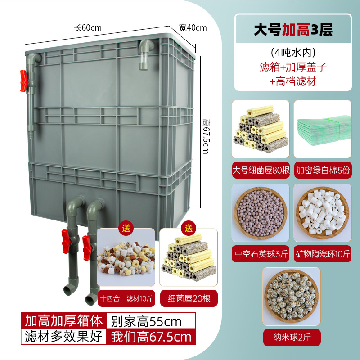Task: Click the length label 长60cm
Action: (88, 27)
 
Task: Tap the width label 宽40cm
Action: (193, 27)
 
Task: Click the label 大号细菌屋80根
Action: (261, 171)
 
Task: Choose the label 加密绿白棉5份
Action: (323, 171)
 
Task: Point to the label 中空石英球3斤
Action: (261, 253)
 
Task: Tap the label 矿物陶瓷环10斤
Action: (323, 253)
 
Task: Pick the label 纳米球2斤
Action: (292, 336)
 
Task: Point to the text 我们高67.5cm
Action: (151, 337)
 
